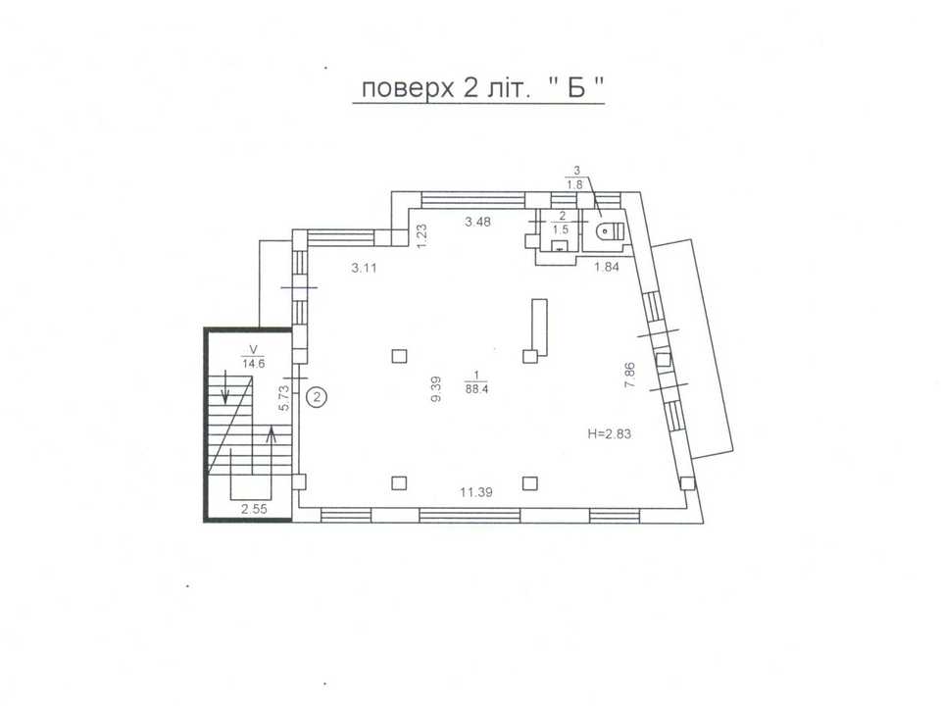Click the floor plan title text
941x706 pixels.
pos(482,89)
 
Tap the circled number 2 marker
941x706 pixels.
pos(317,396)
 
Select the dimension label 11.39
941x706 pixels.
pos(476,492)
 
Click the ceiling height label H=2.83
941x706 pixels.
pos(609,433)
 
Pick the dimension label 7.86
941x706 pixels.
pos(629,375)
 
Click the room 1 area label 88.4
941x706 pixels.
pos(476,388)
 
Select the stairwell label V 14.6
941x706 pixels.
pos(253,357)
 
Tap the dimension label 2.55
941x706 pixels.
pos(254,509)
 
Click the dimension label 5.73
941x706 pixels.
pos(284,397)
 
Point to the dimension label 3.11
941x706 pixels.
pos(365,268)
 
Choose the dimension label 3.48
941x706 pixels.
pos(477,222)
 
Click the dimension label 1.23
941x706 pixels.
pos(421,236)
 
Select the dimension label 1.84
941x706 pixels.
pos(607,267)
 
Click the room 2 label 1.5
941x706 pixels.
pos(561,229)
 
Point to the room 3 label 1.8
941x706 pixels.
pos(575,185)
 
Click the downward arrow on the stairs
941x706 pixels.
pos(225,386)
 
